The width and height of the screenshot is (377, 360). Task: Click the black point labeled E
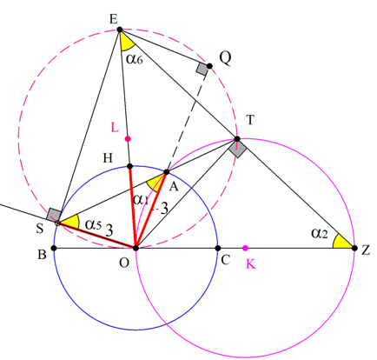coord(120,30)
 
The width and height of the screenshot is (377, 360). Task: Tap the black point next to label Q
coord(209,66)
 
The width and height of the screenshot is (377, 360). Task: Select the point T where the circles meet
coord(237,139)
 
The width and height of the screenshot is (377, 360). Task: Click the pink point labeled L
coord(128,139)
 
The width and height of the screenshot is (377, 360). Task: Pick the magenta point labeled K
coord(245,248)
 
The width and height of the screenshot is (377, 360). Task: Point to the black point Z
coord(354,248)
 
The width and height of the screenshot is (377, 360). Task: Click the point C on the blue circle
coord(218,248)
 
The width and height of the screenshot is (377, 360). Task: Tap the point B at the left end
coord(54,248)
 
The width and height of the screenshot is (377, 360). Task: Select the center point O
coord(136,248)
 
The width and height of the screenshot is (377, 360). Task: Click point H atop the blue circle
coord(130,166)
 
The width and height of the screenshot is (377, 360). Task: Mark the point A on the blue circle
coord(167,172)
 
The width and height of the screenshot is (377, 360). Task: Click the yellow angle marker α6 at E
coord(127,42)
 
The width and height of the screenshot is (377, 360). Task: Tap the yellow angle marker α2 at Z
coord(341,242)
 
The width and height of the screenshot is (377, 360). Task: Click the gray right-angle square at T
coord(237,149)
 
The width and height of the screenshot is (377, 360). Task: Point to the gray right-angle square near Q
coord(202,69)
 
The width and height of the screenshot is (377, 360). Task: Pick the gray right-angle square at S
coord(54,215)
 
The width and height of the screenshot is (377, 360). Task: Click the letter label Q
coord(225,58)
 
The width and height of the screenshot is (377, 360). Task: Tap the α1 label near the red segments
coord(141,200)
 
